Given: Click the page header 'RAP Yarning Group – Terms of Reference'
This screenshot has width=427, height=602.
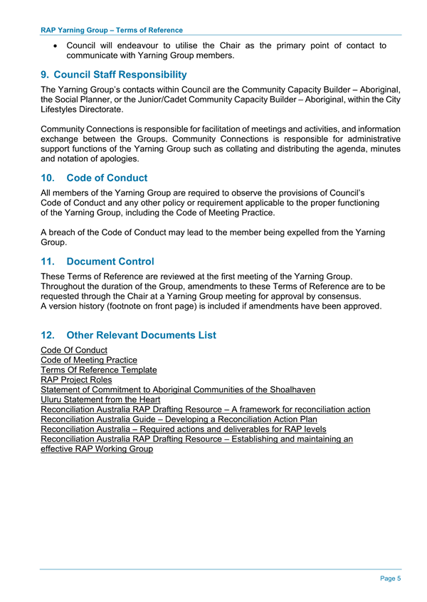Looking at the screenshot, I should [111, 30].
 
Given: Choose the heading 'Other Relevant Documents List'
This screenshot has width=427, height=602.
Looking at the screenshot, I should [141, 335].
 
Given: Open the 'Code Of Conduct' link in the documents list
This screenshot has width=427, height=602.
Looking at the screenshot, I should [74, 350].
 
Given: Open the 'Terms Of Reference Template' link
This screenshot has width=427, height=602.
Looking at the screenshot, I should [98, 370].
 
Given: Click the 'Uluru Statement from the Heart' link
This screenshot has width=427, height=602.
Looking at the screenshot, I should [101, 400].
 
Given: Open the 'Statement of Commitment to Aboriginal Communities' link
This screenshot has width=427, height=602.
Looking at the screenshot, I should [178, 390].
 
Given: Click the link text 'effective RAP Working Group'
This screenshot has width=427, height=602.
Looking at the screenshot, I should [97, 450].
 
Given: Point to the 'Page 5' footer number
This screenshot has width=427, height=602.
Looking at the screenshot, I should [390, 579].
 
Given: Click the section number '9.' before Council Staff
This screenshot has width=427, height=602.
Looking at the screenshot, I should [46, 74].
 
